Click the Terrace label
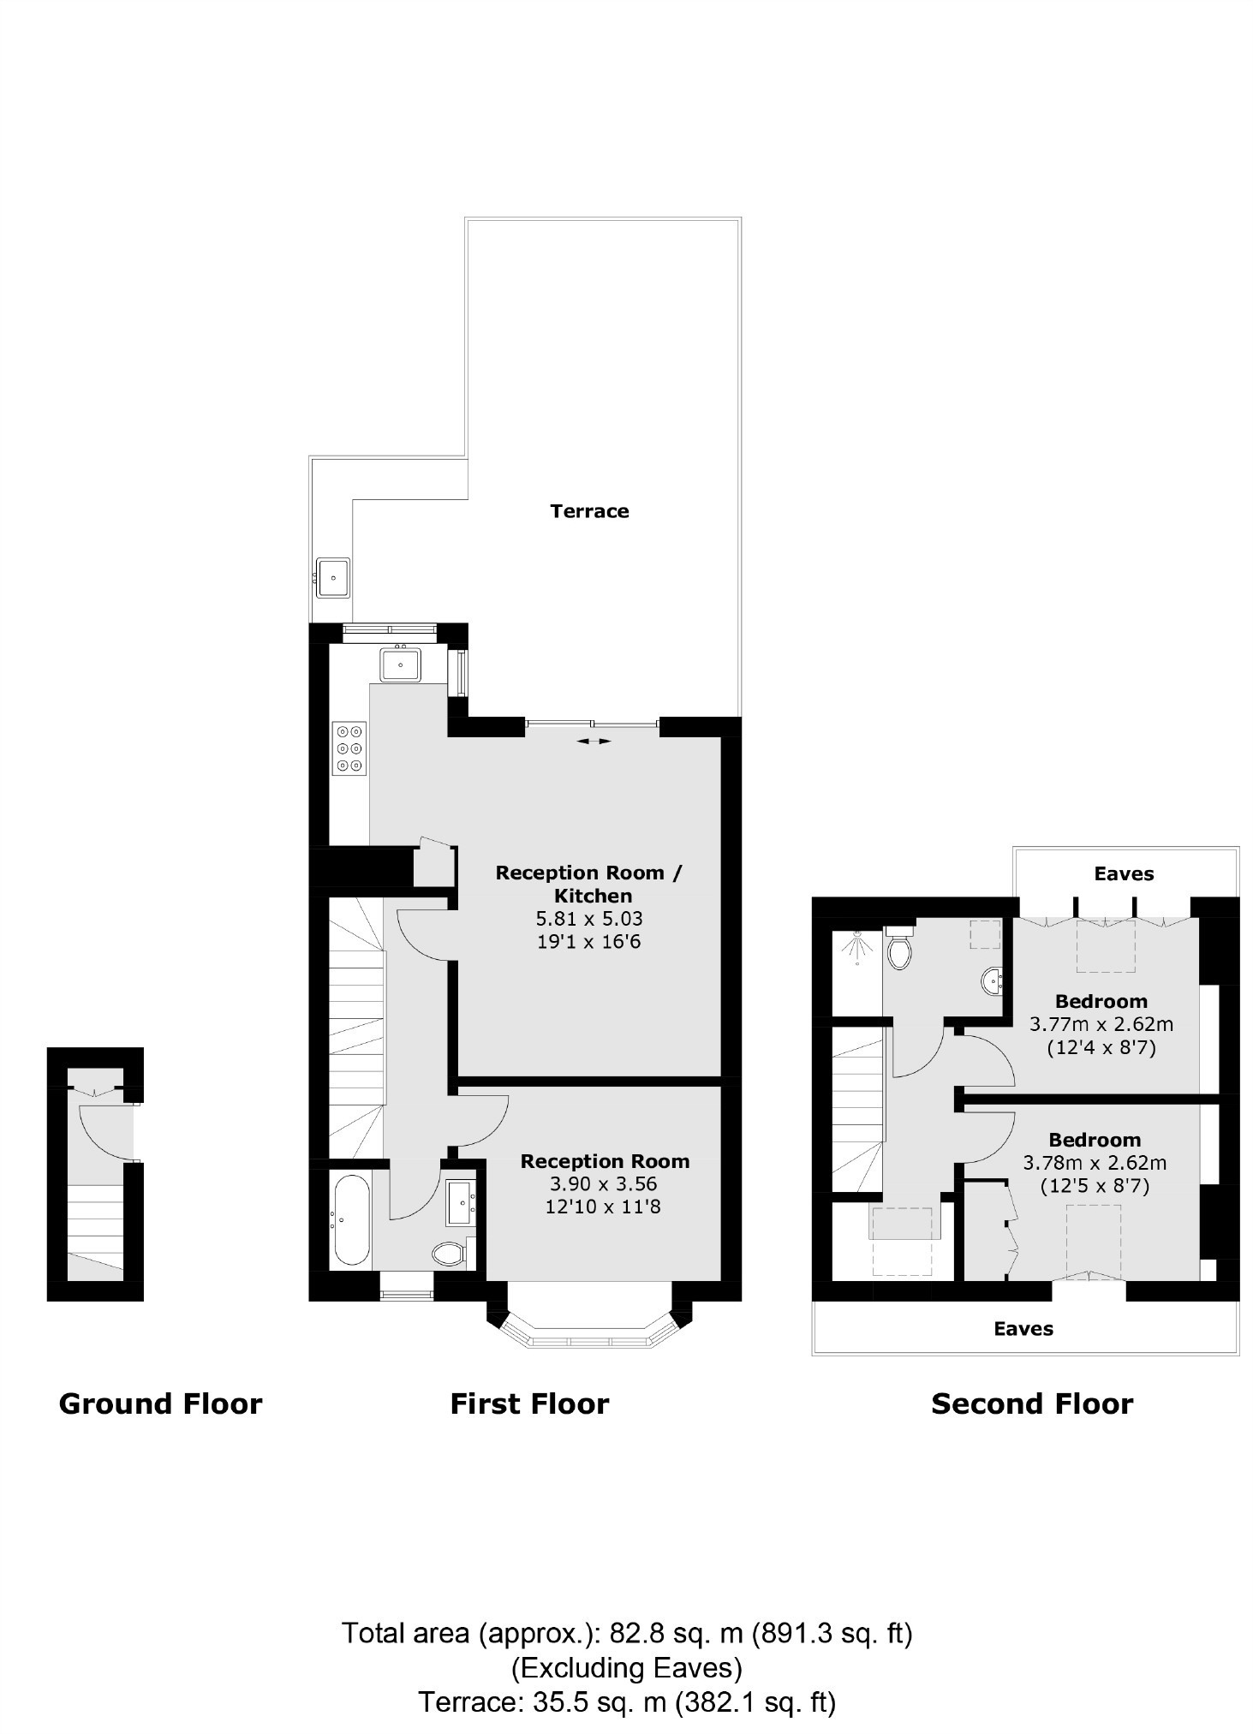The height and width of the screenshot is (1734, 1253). coord(589,511)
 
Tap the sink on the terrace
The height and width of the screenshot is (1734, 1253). coord(332,577)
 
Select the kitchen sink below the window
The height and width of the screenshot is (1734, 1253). coord(400,663)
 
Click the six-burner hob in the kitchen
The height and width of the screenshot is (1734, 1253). coord(349,748)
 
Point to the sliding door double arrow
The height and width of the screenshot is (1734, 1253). coord(594,741)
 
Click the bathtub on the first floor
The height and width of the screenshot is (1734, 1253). coord(351,1220)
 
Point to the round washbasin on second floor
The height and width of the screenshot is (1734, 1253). coord(993,980)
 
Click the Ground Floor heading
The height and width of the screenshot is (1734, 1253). coord(160,1404)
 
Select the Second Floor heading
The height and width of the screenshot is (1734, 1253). coord(1032,1404)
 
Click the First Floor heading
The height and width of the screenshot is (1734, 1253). coord(529,1404)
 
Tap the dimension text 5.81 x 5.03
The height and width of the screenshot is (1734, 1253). coord(589,919)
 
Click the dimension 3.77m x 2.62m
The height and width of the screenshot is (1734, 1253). coord(1101,1024)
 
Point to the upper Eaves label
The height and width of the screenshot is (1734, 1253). coord(1124,873)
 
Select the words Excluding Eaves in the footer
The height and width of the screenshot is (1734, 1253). coord(627,1669)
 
